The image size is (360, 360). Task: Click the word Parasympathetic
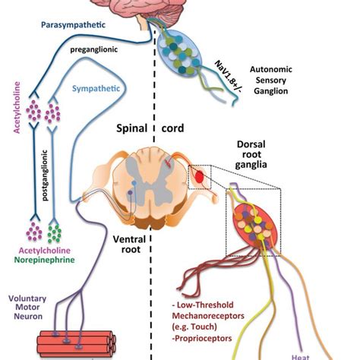73,25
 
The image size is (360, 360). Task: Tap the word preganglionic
94,49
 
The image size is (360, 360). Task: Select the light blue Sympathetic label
96,89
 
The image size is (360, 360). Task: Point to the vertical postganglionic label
45,175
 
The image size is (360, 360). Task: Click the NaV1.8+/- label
227,80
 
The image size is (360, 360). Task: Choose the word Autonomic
271,69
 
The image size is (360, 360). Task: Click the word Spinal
131,128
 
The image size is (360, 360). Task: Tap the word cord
172,128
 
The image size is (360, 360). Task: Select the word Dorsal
251,144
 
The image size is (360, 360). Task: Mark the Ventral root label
129,245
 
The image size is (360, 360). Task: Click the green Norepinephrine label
45,260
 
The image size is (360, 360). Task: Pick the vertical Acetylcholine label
17,107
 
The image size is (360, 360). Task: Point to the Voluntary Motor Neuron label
27,308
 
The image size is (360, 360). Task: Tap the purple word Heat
301,357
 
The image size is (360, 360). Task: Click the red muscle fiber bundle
77,343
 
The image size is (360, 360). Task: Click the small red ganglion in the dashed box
200,176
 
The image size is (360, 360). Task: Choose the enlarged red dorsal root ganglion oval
256,226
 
